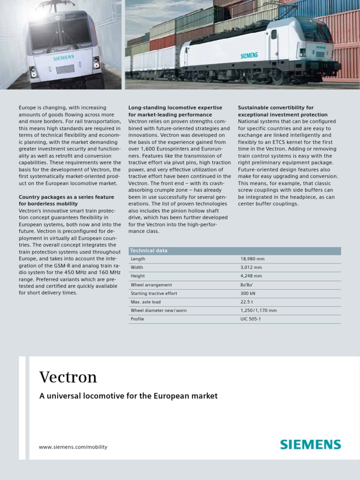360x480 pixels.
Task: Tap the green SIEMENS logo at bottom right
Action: (310, 444)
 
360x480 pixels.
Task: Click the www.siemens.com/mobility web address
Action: (73, 447)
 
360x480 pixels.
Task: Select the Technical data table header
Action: (149, 251)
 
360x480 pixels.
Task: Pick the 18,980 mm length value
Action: (252, 259)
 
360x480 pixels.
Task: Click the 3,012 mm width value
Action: (251, 268)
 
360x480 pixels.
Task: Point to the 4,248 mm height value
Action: (251, 276)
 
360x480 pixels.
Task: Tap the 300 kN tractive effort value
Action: (248, 293)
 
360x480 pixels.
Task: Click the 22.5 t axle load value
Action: (247, 302)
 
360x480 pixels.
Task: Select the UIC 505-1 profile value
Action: (250, 319)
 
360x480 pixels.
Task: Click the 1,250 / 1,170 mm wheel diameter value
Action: (258, 310)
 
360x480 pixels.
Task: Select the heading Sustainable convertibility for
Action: (276, 108)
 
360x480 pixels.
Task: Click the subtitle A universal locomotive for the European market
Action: (128, 396)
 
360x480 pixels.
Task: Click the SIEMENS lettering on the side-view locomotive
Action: (249, 55)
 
